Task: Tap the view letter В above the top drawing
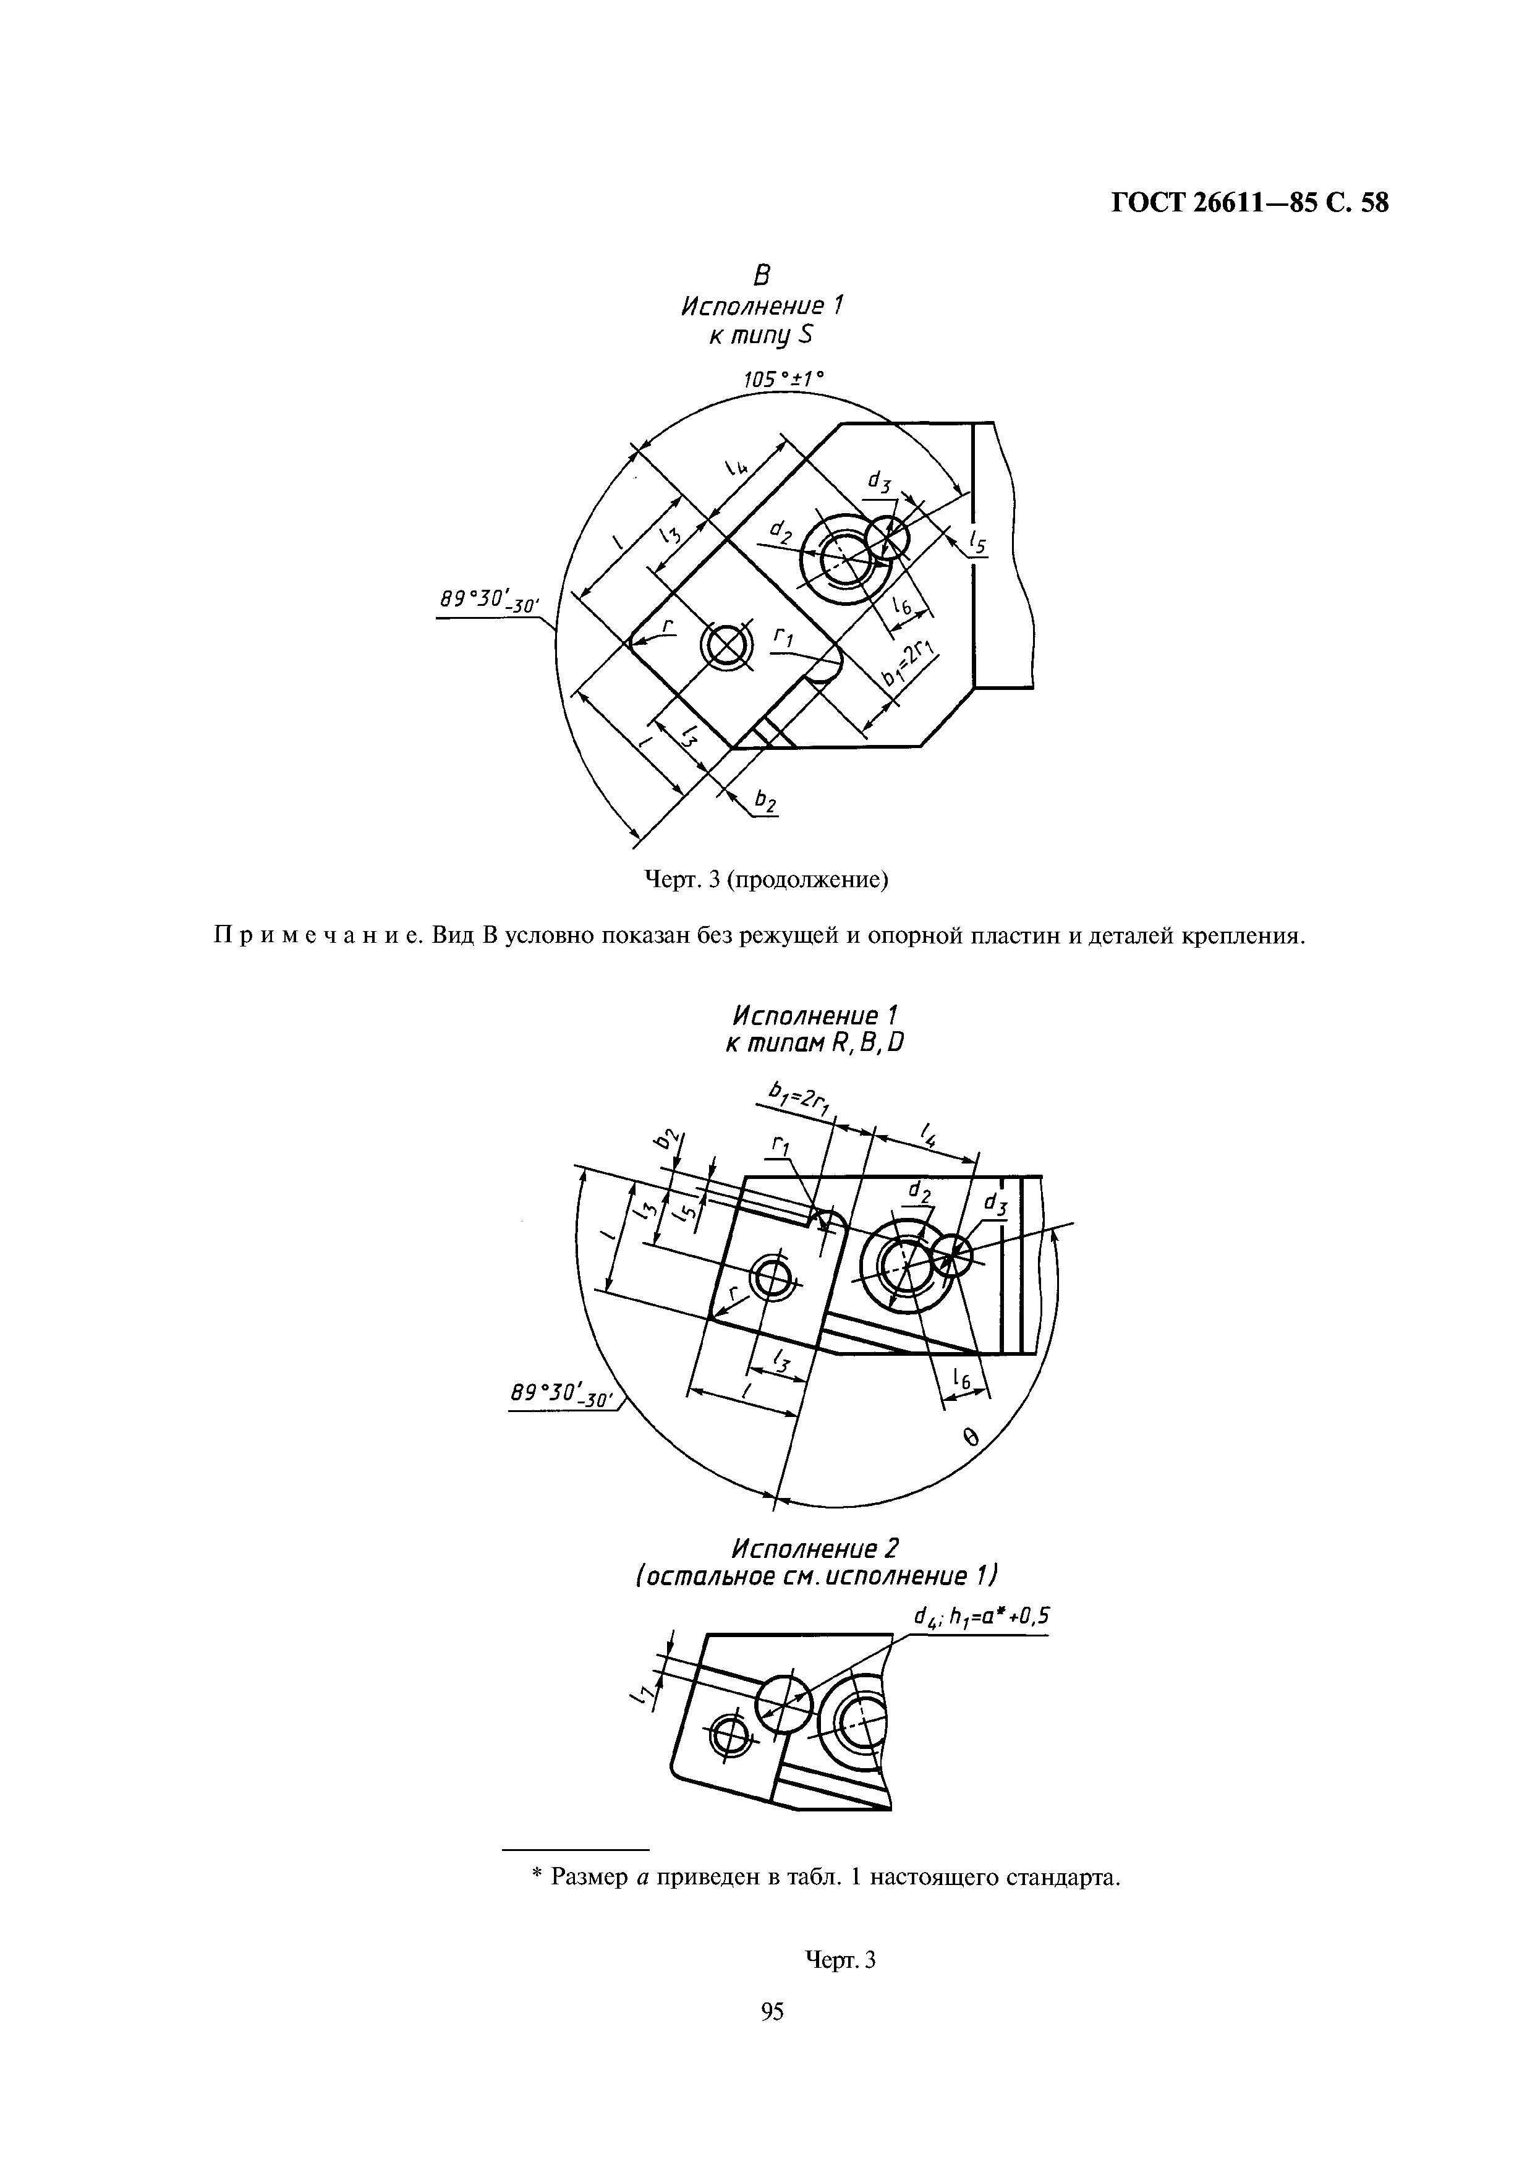762,275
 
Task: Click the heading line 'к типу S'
762,336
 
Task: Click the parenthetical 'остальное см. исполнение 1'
815,1576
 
